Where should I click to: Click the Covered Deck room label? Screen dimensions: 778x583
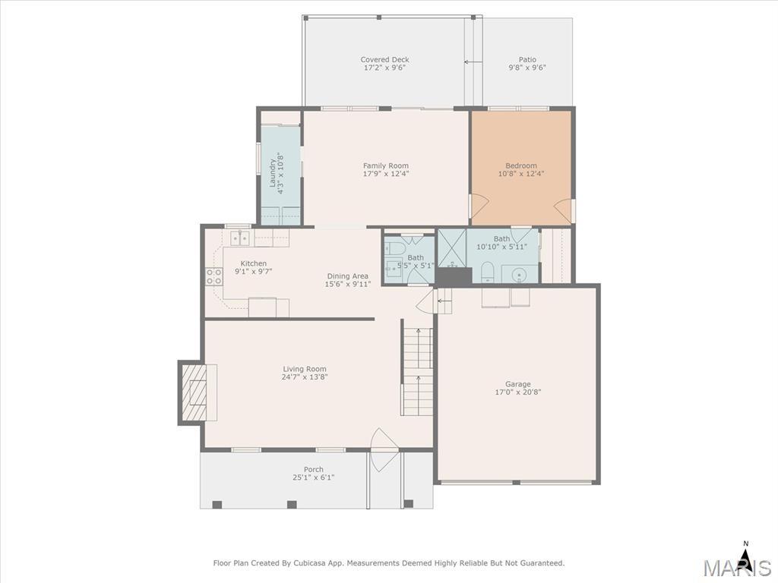[x=384, y=59]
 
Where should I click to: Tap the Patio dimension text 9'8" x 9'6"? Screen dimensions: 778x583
[x=527, y=68]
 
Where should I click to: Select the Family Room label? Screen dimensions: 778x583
[x=385, y=165]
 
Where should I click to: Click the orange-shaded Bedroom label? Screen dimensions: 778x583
[x=521, y=165]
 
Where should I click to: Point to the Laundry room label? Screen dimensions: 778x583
[x=273, y=173]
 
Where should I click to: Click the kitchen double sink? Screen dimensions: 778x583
[x=239, y=238]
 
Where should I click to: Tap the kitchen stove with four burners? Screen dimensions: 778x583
[x=213, y=276]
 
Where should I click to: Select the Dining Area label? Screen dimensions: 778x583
[x=347, y=276]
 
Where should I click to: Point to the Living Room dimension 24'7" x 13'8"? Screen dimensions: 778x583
[x=305, y=377]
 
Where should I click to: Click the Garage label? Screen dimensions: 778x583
[x=518, y=383]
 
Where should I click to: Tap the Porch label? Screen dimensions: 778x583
[x=314, y=469]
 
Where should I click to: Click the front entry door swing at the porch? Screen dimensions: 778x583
[x=384, y=449]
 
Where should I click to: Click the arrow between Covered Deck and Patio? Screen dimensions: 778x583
[x=473, y=62]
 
